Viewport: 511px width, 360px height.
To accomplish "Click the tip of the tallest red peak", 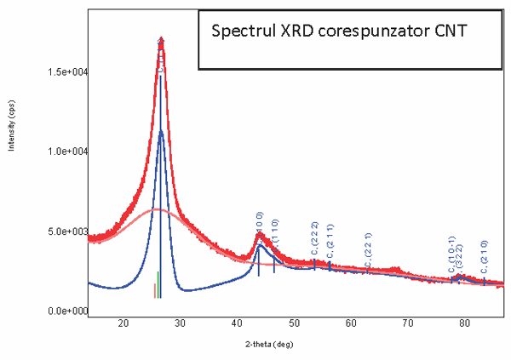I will point(161,39).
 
